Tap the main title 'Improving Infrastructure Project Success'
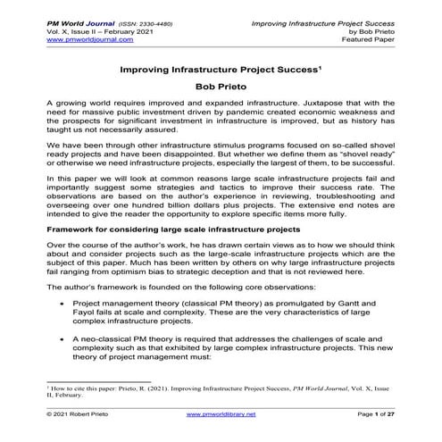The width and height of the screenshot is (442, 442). coord(219,67)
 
